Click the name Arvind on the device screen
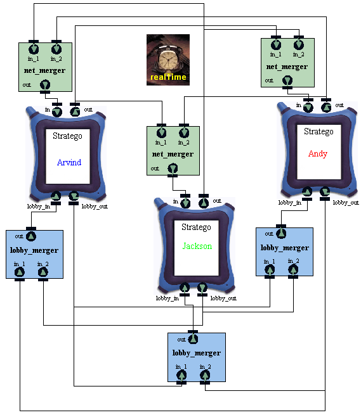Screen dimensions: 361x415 [x=69, y=162]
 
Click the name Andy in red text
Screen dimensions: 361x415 [x=318, y=153]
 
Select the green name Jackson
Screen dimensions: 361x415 [x=197, y=246]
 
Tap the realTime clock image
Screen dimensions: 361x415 [x=168, y=60]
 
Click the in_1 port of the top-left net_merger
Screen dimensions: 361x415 [x=34, y=49]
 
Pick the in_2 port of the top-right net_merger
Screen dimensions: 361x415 [x=299, y=44]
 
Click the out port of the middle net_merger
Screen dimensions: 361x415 [x=173, y=169]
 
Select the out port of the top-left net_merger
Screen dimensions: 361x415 [x=45, y=85]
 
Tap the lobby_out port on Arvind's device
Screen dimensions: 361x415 [x=74, y=196]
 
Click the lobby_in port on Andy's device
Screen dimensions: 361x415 [x=307, y=191]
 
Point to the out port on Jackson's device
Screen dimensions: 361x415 [x=204, y=203]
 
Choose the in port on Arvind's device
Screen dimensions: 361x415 [x=57, y=112]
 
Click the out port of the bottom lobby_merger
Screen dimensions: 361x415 [x=193, y=339]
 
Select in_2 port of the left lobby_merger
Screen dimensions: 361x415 [x=43, y=272]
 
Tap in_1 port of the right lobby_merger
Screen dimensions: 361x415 [x=270, y=269]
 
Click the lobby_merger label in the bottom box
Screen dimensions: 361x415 [x=197, y=353]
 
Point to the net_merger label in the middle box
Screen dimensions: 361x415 [x=173, y=154]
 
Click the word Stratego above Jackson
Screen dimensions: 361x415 [x=196, y=227]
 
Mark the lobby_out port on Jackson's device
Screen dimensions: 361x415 [x=202, y=288]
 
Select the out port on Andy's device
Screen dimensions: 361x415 [x=326, y=108]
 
